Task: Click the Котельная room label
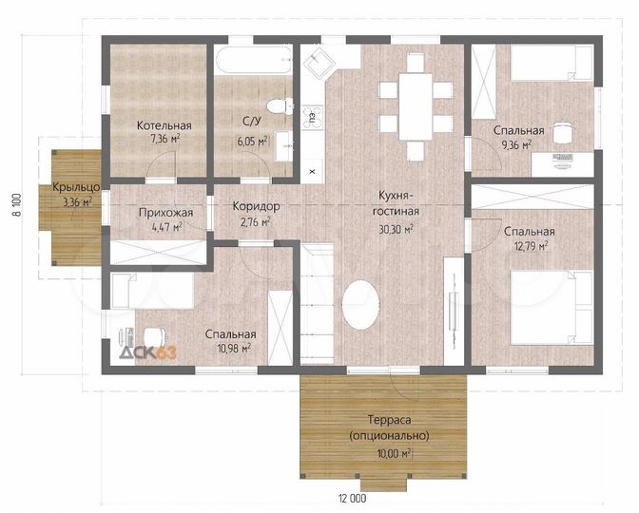pyautogui.click(x=165, y=125)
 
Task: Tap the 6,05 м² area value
pyautogui.click(x=253, y=141)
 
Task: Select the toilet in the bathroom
pyautogui.click(x=280, y=106)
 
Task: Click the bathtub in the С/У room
pyautogui.click(x=253, y=60)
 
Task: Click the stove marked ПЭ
pyautogui.click(x=312, y=117)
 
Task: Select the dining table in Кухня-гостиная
pyautogui.click(x=416, y=106)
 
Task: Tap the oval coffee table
pyautogui.click(x=360, y=305)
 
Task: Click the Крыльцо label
pyautogui.click(x=76, y=187)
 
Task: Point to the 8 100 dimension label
pyautogui.click(x=17, y=205)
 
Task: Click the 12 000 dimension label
pyautogui.click(x=352, y=498)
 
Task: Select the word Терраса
pyautogui.click(x=389, y=419)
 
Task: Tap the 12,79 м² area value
pyautogui.click(x=530, y=246)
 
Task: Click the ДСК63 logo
pyautogui.click(x=148, y=351)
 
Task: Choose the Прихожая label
pyautogui.click(x=165, y=213)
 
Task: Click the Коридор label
pyautogui.click(x=257, y=206)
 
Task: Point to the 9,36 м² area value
pyautogui.click(x=516, y=145)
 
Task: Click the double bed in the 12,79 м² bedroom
pyautogui.click(x=551, y=308)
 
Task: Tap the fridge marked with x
pyautogui.click(x=313, y=171)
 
